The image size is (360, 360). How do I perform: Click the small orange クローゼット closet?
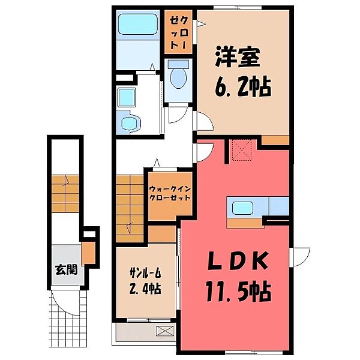178,34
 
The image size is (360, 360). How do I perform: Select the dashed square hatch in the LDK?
243,150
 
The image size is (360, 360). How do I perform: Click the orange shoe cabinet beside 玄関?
87,253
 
